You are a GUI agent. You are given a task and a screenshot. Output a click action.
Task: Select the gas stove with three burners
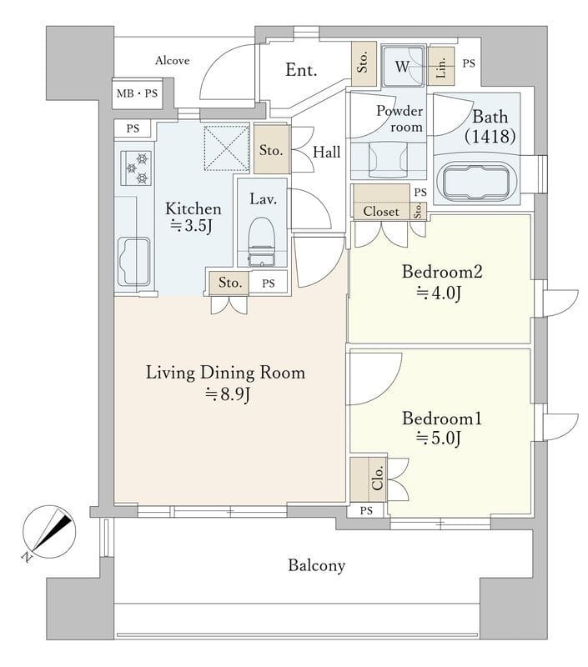tap(136, 168)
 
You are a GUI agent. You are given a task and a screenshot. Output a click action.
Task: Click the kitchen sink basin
tap(133, 261)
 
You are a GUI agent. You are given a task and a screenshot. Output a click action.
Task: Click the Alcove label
tap(173, 61)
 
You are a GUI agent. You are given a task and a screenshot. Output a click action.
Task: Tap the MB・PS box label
tap(137, 93)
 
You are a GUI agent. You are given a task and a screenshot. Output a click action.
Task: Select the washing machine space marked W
tap(404, 67)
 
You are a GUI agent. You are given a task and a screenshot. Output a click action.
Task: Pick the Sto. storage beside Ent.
tap(364, 63)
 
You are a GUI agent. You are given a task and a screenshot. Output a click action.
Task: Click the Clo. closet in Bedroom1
tap(369, 479)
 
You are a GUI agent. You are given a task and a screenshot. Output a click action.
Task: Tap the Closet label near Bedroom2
tap(381, 212)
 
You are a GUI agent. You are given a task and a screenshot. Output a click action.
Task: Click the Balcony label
tap(317, 565)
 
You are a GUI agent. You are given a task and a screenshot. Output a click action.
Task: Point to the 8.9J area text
tap(228, 394)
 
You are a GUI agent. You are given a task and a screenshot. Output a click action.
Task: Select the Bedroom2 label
tap(442, 272)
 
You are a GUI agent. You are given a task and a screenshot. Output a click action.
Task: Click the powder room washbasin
tap(388, 159)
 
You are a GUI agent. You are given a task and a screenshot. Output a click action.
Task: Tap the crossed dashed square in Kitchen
tap(226, 148)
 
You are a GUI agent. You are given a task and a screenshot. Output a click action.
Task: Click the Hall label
tap(327, 152)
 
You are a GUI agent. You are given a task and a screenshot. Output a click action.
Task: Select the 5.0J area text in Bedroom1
tap(439, 438)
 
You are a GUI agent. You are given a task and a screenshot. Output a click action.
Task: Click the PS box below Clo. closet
tap(366, 510)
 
